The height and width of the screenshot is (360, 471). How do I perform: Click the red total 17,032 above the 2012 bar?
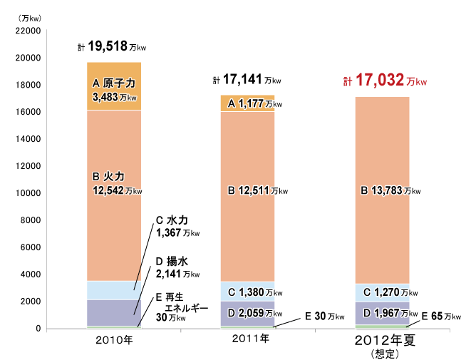pyautogui.click(x=385, y=81)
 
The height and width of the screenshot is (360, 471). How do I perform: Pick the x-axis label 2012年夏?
pyautogui.click(x=385, y=340)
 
